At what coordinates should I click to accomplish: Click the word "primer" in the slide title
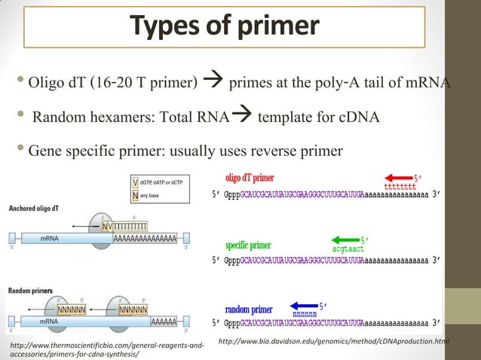tap(277, 27)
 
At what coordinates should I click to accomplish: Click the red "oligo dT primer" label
tap(250, 178)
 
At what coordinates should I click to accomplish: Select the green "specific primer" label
tap(248, 245)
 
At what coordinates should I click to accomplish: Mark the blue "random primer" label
tap(249, 310)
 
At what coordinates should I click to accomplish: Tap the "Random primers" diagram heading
tap(29, 290)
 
